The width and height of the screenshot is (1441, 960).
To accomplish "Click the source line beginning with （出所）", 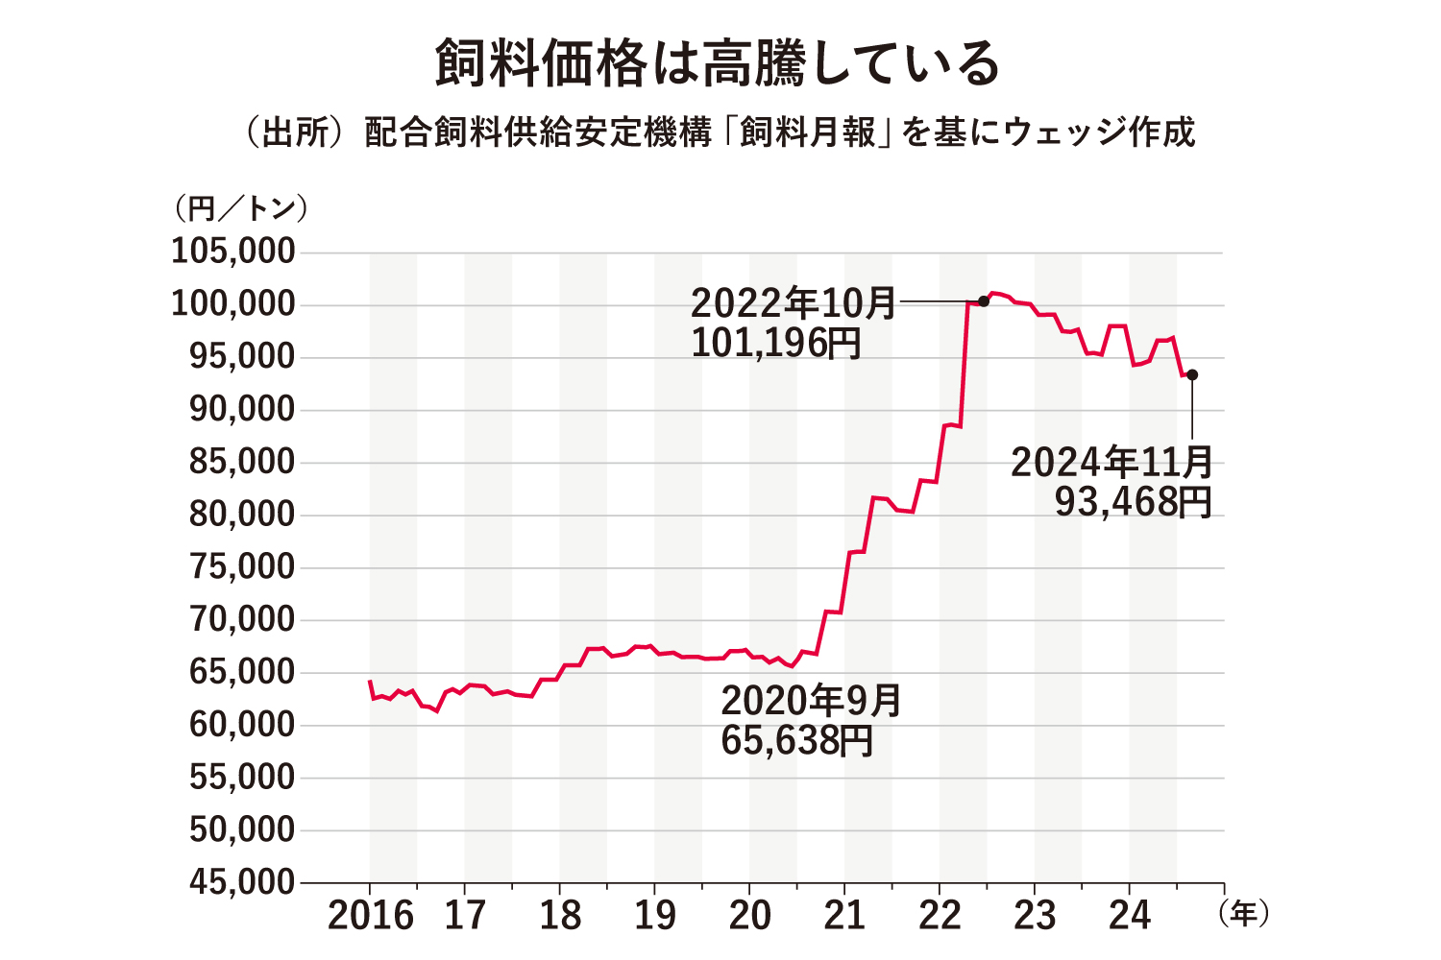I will coord(719,132).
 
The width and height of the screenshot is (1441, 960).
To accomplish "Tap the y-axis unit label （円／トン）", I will coord(240,208).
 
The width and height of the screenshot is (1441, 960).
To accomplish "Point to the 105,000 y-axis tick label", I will coord(233,252).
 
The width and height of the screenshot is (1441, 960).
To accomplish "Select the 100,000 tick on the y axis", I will coord(233,304).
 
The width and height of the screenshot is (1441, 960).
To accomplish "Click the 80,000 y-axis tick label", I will coord(241,515).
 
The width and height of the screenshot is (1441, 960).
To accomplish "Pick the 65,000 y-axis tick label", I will coord(241,672).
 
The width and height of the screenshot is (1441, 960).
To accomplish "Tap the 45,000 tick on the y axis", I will coord(241,882).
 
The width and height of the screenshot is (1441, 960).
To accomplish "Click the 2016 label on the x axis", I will coord(371,916).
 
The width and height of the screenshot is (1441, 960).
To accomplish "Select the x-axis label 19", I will coord(655,916).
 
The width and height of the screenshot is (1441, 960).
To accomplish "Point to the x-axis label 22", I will coord(940,916).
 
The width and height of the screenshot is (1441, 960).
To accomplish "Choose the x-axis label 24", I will coord(1130,916).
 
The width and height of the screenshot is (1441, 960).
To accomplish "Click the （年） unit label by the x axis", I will coord(1244,913).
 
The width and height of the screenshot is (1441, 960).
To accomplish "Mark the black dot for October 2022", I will coord(983,301).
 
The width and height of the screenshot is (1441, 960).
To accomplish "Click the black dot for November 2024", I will coord(1192,374).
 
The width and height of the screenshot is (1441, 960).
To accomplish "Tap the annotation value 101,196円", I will coord(776,343).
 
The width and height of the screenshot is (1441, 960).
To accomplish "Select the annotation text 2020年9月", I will coord(812,701).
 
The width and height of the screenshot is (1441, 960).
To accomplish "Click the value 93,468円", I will coord(1134,502).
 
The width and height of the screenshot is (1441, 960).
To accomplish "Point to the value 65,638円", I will coord(796,741).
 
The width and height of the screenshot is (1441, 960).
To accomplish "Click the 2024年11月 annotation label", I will coord(1112,463).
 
